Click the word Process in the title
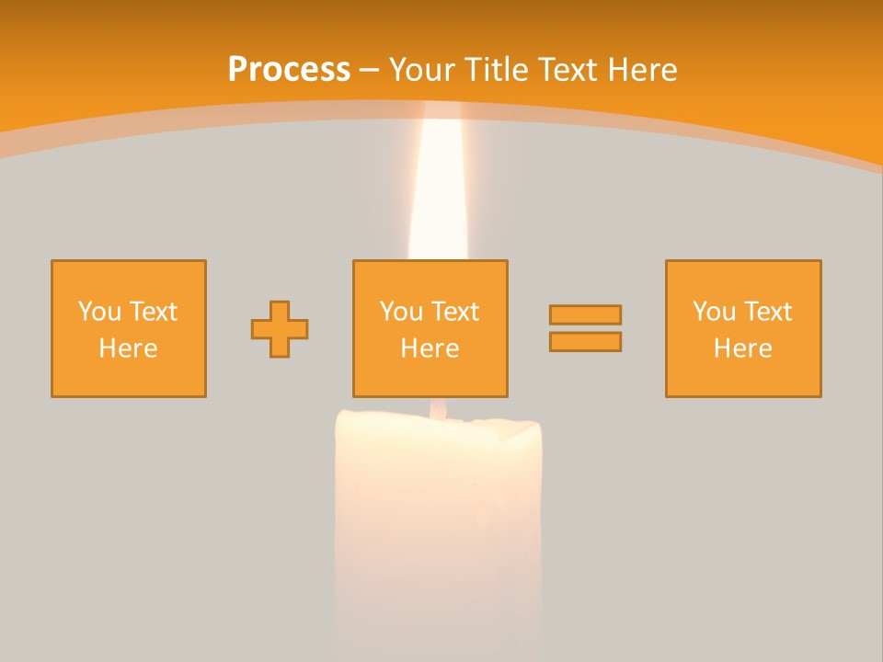tap(289, 70)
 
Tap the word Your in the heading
tap(423, 70)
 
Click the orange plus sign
tap(280, 329)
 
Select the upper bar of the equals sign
tap(585, 314)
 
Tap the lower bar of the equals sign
tap(585, 341)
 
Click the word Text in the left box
tap(153, 312)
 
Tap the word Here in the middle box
tap(430, 348)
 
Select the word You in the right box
tap(714, 312)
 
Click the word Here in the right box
tap(743, 348)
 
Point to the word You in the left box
tap(99, 312)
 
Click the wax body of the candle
tap(439, 515)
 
